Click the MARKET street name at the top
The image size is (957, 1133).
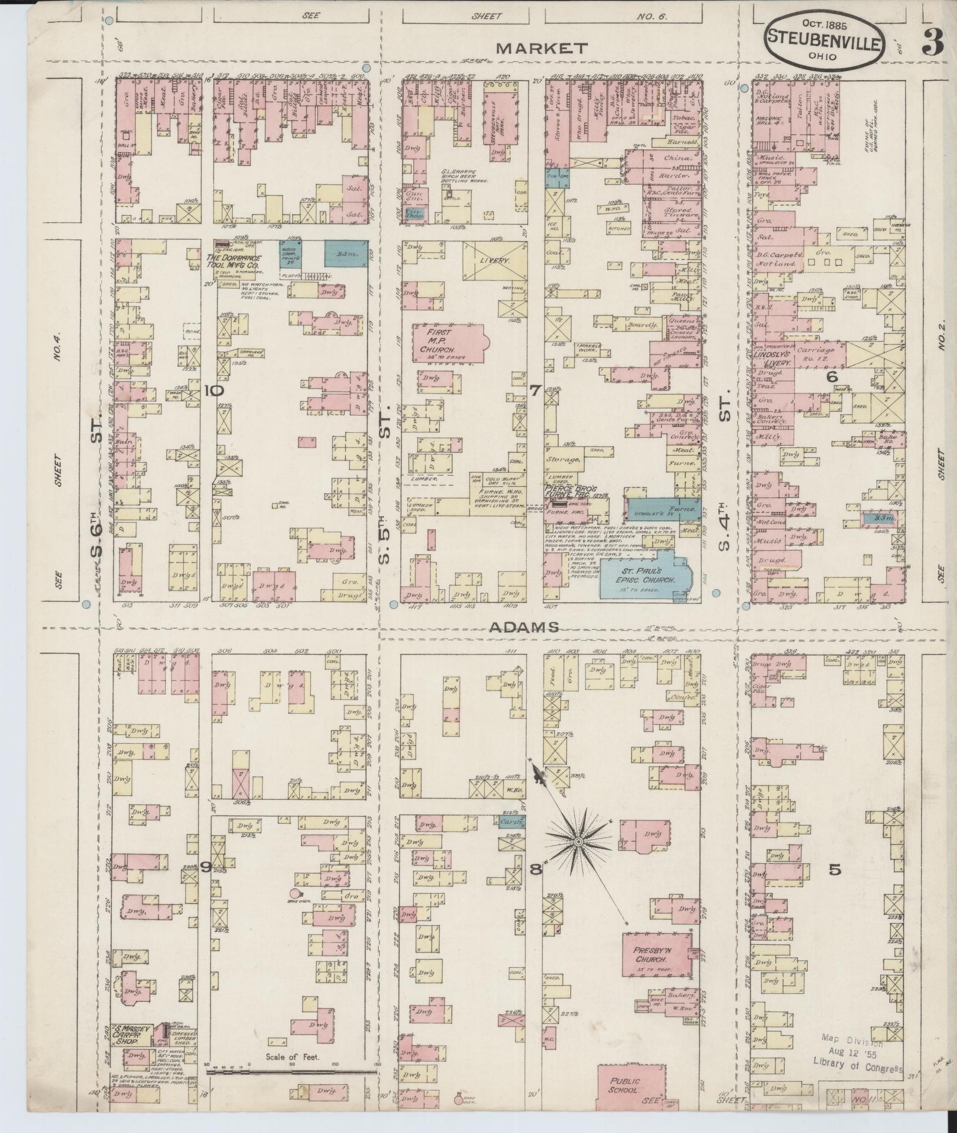541,48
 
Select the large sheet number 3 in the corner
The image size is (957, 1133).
932,42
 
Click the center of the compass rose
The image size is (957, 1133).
578,843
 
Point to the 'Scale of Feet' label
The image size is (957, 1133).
292,1057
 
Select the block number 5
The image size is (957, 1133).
834,870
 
